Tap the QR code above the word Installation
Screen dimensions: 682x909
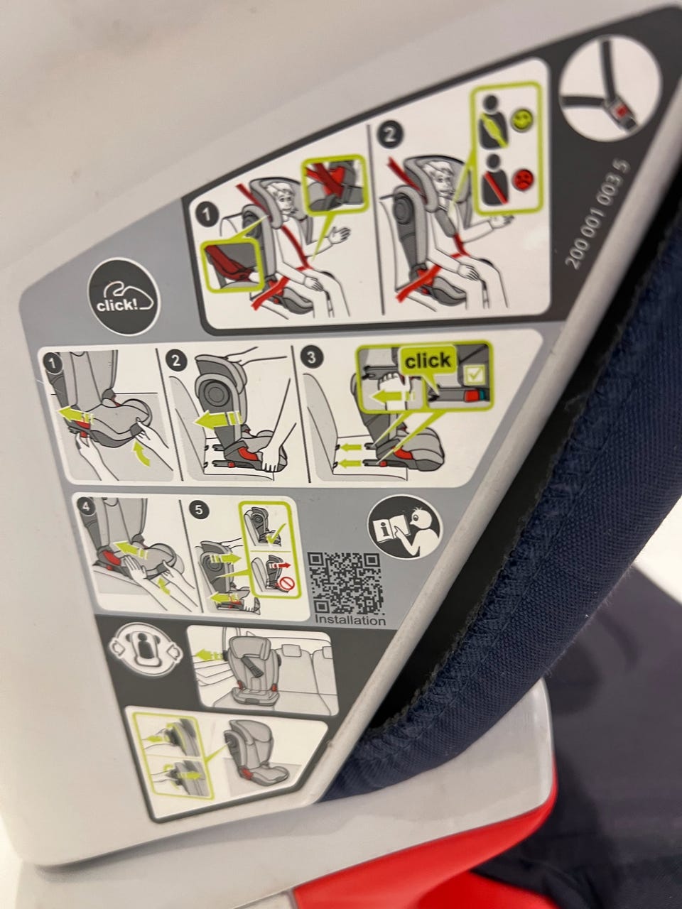click(x=345, y=584)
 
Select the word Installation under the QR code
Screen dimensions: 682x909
click(x=350, y=620)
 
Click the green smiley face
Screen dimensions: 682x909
click(x=523, y=120)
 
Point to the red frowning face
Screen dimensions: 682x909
click(x=523, y=179)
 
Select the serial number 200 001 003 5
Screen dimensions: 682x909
click(x=599, y=214)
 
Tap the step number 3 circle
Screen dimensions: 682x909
click(x=312, y=357)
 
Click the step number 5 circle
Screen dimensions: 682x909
click(x=200, y=510)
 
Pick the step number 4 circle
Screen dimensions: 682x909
click(x=86, y=507)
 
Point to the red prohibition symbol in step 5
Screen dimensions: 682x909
click(x=286, y=584)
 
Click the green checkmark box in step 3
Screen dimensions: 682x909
click(x=472, y=375)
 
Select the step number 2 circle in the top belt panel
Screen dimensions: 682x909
click(x=389, y=134)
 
